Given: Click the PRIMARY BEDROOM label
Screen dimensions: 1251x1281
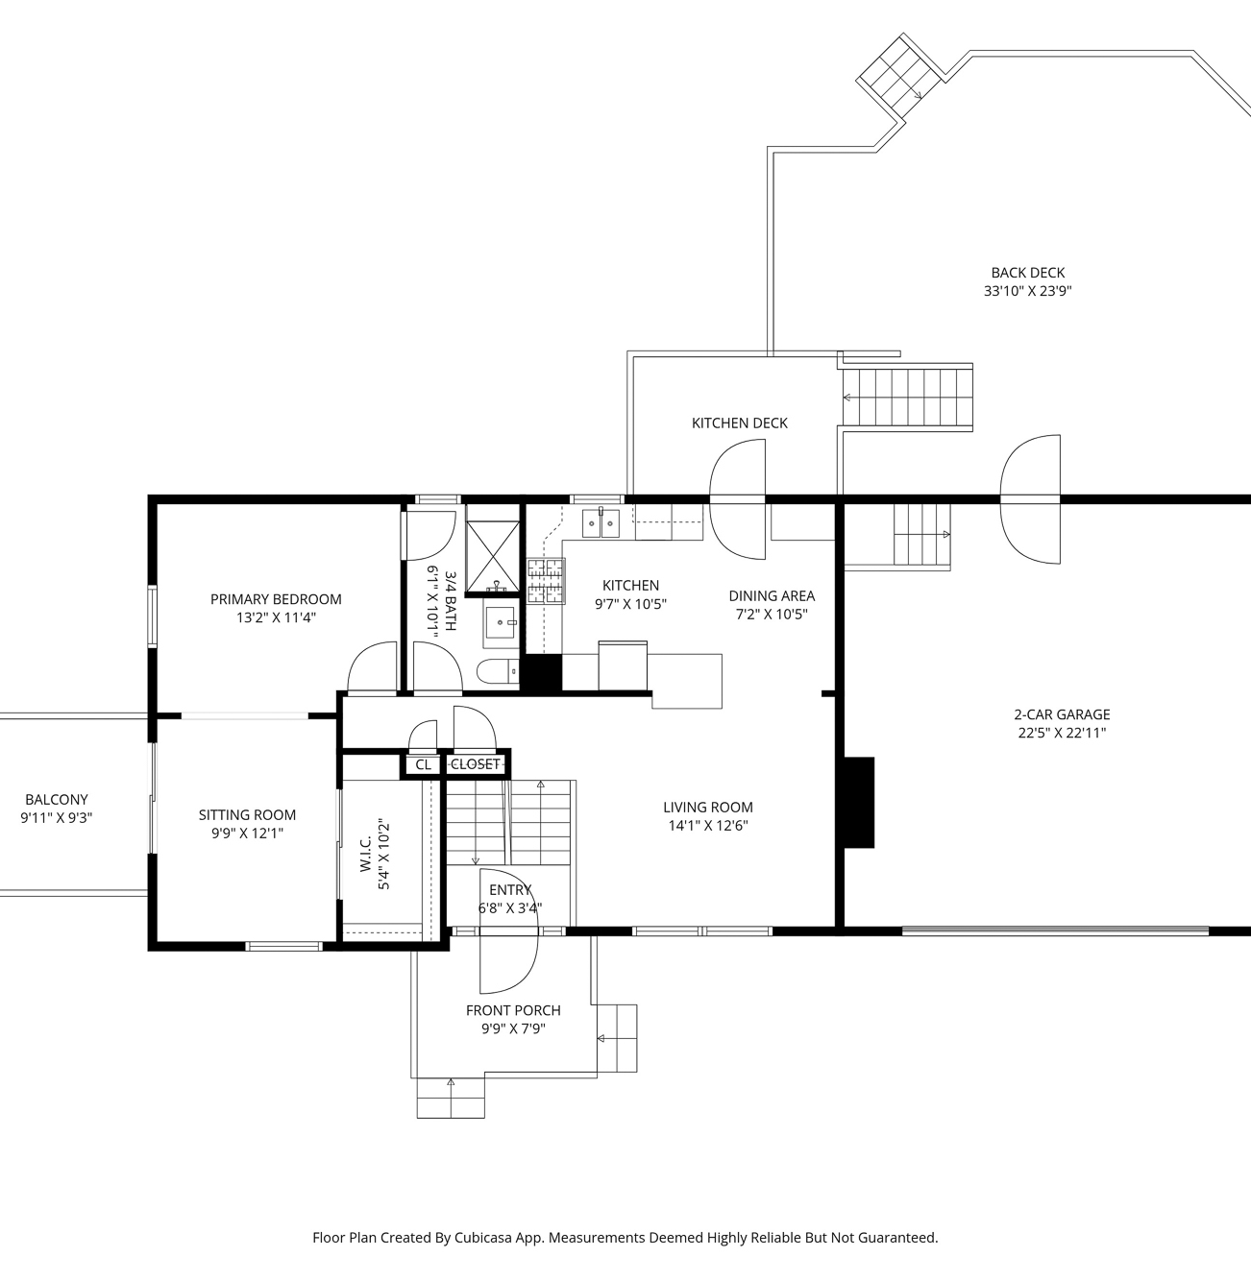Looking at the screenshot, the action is (276, 599).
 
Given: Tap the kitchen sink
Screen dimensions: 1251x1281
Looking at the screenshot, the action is (601, 523).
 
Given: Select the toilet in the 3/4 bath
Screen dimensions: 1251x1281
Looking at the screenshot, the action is (498, 671).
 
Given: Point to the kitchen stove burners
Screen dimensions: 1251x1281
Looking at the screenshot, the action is (546, 581).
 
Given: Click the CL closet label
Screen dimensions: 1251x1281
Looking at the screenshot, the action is (423, 764).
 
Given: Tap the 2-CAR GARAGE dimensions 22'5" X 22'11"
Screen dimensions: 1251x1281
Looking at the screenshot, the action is (1062, 733).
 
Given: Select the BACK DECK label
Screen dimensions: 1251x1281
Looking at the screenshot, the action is (1028, 273).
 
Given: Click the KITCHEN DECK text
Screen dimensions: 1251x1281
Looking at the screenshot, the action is (739, 423).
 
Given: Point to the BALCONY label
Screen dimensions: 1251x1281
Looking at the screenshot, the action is (57, 799).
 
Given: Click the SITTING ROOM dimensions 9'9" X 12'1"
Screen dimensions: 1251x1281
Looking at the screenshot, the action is (247, 833).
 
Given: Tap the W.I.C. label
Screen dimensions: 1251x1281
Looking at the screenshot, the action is (366, 854).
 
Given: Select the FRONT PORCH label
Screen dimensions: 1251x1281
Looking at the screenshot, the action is (513, 1010).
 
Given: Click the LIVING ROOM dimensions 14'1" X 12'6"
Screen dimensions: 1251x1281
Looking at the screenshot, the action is (708, 826).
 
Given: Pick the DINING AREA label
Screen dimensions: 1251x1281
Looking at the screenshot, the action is (772, 595).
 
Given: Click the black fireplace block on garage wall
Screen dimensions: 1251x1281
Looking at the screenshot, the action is (859, 803).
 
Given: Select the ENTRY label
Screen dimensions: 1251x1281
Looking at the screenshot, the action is (510, 890).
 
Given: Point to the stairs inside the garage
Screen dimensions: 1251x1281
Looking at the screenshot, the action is (922, 535).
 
